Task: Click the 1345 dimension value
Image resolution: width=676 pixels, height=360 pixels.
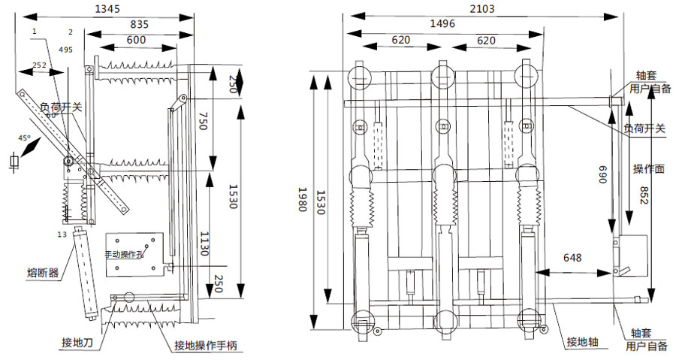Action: (113, 9)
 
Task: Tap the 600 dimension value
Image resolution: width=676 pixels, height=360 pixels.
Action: (137, 40)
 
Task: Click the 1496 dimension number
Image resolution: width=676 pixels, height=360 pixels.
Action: (442, 24)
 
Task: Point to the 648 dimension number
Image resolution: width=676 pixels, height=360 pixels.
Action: (572, 258)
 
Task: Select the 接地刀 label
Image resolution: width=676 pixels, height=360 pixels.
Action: (77, 343)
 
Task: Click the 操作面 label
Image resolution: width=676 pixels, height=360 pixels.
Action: (647, 168)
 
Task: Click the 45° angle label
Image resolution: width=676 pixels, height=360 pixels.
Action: (24, 138)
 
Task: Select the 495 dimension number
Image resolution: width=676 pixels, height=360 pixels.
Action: (65, 50)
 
